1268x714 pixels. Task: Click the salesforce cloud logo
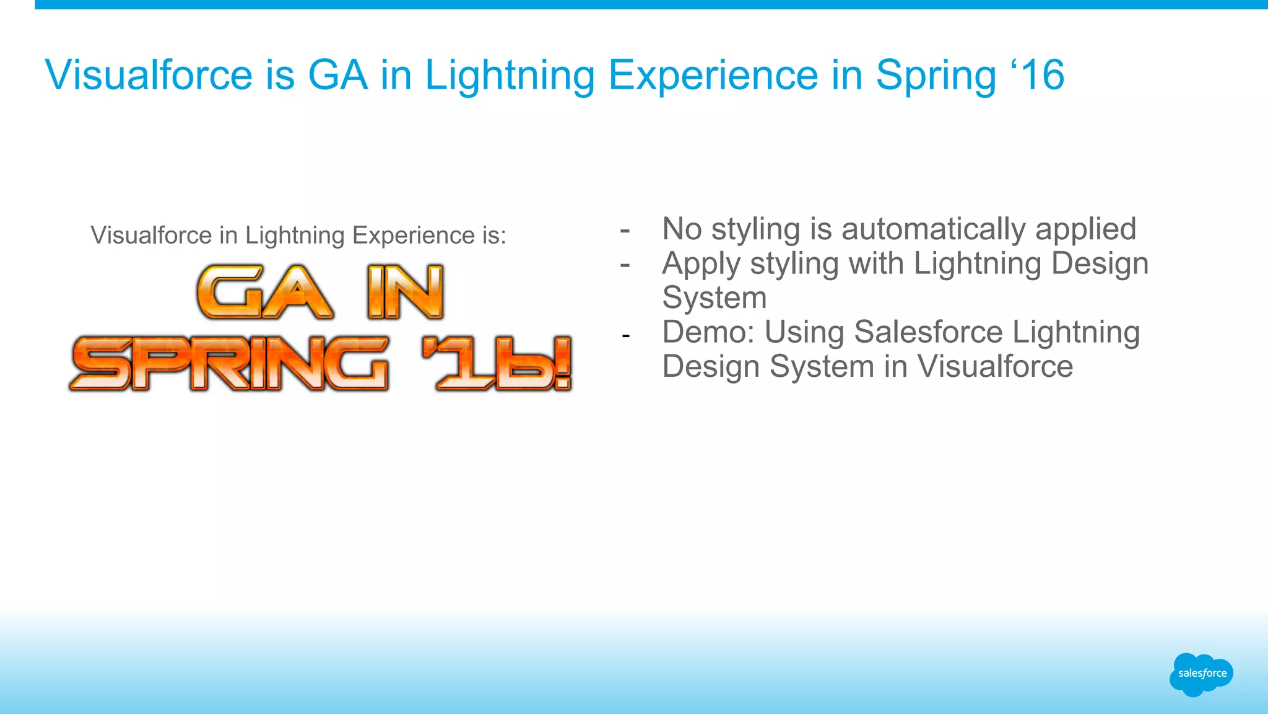point(1201,674)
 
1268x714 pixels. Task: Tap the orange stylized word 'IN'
point(406,293)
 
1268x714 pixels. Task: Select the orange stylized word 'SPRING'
point(230,364)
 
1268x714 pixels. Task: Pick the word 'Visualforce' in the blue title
point(149,76)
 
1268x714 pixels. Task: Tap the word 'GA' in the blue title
point(337,76)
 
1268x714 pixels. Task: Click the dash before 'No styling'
point(625,231)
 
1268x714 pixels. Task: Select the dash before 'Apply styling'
point(625,265)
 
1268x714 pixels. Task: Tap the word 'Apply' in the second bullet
point(701,265)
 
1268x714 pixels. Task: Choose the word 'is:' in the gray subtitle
point(494,236)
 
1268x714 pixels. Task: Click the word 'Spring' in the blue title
point(935,76)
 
